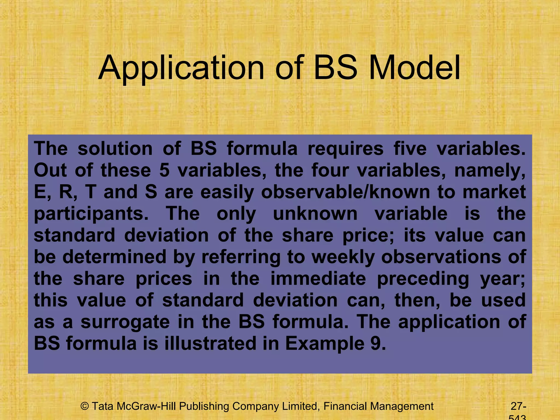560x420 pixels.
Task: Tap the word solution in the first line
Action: (x=115, y=149)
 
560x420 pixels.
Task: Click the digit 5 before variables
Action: (x=164, y=170)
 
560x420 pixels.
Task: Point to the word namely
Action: (x=489, y=171)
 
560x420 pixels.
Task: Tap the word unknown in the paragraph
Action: (x=315, y=214)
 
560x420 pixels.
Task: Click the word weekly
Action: (x=343, y=257)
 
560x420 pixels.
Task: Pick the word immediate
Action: (x=318, y=279)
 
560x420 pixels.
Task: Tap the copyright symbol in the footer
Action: (x=85, y=406)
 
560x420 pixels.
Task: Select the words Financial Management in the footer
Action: (x=378, y=406)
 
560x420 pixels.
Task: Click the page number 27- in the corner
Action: (x=518, y=406)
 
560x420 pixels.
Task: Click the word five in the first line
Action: (x=410, y=149)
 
